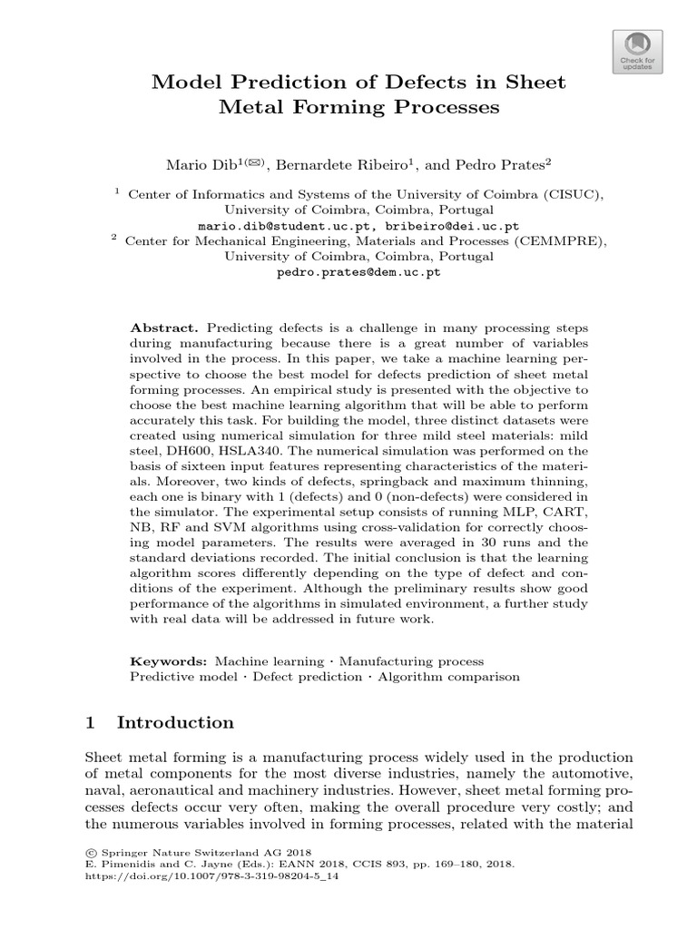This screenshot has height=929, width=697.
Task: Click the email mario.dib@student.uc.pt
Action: (275, 225)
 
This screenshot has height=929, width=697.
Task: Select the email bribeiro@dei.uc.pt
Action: (438, 225)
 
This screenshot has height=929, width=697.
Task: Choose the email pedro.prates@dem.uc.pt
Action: (358, 271)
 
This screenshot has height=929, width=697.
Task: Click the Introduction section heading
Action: (175, 723)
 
